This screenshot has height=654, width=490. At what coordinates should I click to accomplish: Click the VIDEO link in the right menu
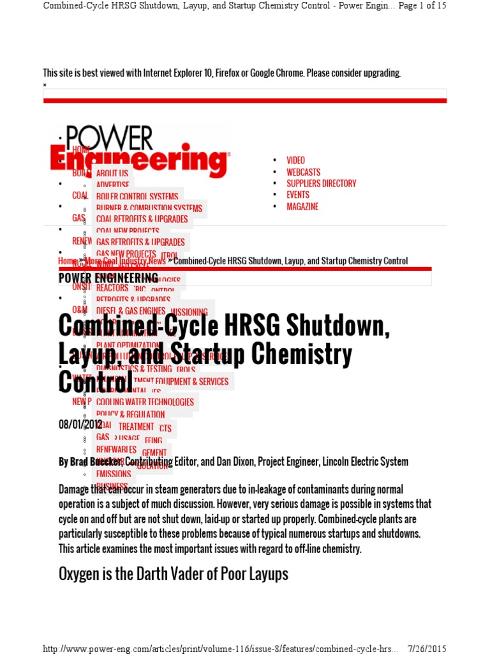295,160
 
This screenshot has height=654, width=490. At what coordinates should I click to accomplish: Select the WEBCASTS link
303,172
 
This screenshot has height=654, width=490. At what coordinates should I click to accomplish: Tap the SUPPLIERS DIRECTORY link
321,183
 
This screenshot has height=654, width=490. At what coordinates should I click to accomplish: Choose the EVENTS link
297,195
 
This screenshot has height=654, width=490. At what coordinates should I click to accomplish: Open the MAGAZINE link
302,206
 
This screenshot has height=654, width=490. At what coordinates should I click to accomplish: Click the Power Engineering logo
139,151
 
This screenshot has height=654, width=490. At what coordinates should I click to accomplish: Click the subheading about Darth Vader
173,574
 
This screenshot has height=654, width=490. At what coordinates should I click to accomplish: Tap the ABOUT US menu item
112,173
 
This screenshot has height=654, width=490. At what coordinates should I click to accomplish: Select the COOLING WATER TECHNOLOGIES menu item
145,402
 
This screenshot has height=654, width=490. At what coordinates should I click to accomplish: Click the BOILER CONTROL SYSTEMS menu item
137,196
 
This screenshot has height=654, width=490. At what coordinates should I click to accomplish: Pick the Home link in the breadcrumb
66,261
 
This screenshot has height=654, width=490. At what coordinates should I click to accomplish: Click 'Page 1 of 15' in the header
422,6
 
